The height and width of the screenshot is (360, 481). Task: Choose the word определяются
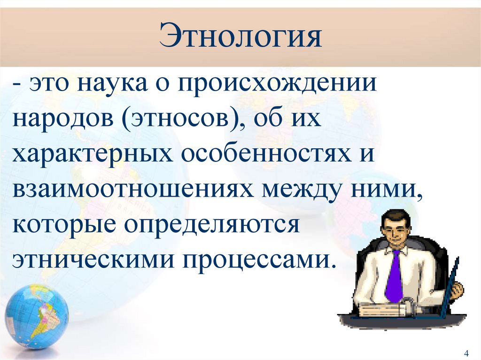(x=212, y=225)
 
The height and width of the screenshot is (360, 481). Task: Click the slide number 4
(x=466, y=353)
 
